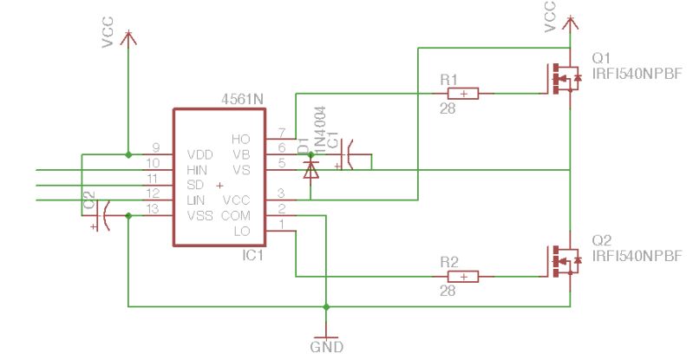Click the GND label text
pos(326,347)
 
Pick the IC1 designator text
pos(253,257)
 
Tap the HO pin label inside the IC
pos(240,139)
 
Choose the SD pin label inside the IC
pos(195,185)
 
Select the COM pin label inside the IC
pos(235,215)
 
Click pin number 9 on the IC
pos(155,147)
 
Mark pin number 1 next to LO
pos(280,224)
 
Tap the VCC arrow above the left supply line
pos(128,36)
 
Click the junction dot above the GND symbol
pos(326,306)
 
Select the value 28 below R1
pos(448,109)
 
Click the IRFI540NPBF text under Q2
pos(637,257)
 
